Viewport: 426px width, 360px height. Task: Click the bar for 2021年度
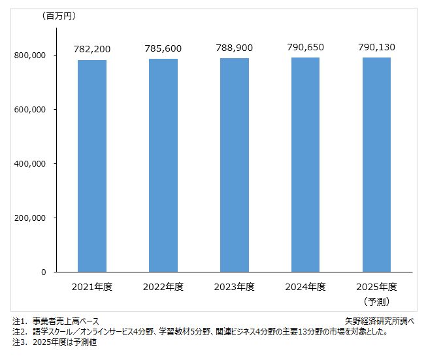tap(92, 165)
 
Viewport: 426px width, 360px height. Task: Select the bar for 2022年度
tap(163, 165)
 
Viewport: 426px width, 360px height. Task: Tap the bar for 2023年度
tap(234, 165)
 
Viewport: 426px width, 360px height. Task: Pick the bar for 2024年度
tap(305, 164)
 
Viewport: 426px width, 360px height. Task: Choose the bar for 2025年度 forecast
tap(376, 164)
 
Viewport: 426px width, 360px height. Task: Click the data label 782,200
tap(92, 48)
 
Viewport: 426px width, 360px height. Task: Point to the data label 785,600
tap(163, 48)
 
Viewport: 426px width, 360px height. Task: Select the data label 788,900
tap(234, 48)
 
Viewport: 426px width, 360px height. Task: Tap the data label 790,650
tap(305, 47)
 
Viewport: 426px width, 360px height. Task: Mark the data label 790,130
tap(376, 47)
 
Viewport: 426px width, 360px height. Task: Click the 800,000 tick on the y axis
tap(29, 56)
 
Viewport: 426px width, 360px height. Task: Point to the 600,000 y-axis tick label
tap(29, 110)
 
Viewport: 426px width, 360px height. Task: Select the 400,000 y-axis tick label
tap(29, 163)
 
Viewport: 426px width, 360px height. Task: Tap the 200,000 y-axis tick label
tap(29, 218)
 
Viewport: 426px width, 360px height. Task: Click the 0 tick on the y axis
tap(42, 272)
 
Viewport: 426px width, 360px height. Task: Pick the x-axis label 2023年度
tap(234, 287)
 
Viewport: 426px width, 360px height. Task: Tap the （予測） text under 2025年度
tap(376, 301)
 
